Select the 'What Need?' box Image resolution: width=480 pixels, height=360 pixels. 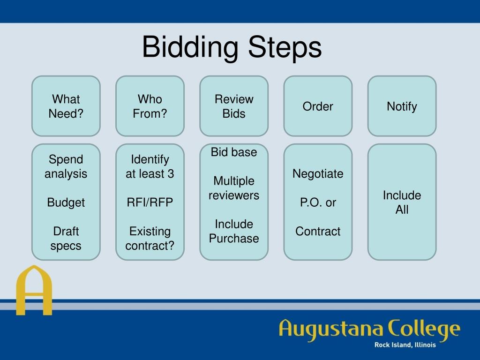pyautogui.click(x=66, y=106)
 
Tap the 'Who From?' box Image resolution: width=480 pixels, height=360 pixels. pyautogui.click(x=150, y=106)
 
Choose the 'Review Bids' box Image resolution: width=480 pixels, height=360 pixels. pyautogui.click(x=234, y=106)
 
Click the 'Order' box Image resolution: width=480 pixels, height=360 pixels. pyautogui.click(x=318, y=106)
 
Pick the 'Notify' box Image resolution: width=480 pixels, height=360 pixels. pyautogui.click(x=402, y=106)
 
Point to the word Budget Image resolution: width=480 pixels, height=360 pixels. pyautogui.click(x=66, y=202)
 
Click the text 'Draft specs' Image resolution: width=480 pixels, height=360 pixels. pyautogui.click(x=66, y=238)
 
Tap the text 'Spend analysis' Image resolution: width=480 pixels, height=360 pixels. pyautogui.click(x=66, y=166)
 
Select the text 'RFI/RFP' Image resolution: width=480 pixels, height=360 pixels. pyautogui.click(x=150, y=202)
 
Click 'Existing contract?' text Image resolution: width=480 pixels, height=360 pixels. pyautogui.click(x=150, y=238)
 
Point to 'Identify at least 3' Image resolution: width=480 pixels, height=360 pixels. pyautogui.click(x=150, y=166)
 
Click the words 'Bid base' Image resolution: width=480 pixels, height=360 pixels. pyautogui.click(x=234, y=152)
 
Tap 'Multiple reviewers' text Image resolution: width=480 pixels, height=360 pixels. pyautogui.click(x=234, y=188)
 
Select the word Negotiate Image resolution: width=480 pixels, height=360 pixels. pyautogui.click(x=318, y=174)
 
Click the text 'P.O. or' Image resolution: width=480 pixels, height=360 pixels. pyautogui.click(x=318, y=202)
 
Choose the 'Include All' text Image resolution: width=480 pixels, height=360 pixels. pyautogui.click(x=402, y=202)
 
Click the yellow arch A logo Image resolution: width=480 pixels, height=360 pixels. pyautogui.click(x=34, y=291)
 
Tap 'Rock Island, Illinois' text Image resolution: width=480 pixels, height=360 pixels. pyautogui.click(x=405, y=345)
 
